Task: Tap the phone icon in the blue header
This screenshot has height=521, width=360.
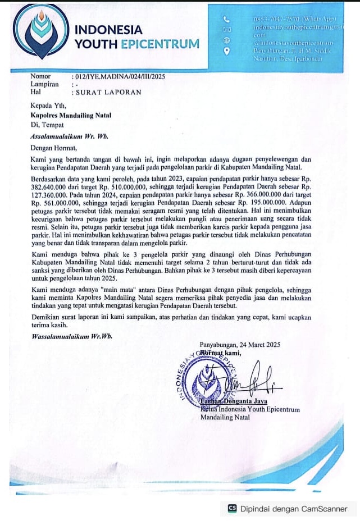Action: [226, 19]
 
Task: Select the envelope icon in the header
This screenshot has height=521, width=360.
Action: [227, 29]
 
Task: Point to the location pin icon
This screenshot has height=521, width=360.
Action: [227, 51]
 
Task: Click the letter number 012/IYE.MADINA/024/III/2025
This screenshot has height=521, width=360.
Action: [119, 76]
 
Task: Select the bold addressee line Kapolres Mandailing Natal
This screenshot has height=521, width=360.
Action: [71, 115]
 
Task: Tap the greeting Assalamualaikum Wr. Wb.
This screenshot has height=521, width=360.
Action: [69, 136]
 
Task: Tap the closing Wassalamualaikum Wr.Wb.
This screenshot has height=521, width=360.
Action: [72, 336]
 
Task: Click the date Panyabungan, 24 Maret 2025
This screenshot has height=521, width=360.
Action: [240, 345]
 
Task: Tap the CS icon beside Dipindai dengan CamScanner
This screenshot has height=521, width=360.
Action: [232, 509]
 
